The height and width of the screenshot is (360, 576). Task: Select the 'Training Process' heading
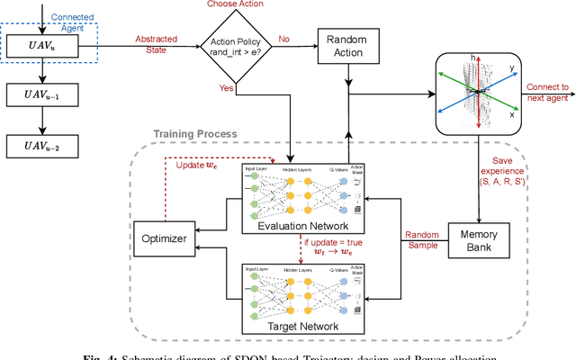tap(195, 133)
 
